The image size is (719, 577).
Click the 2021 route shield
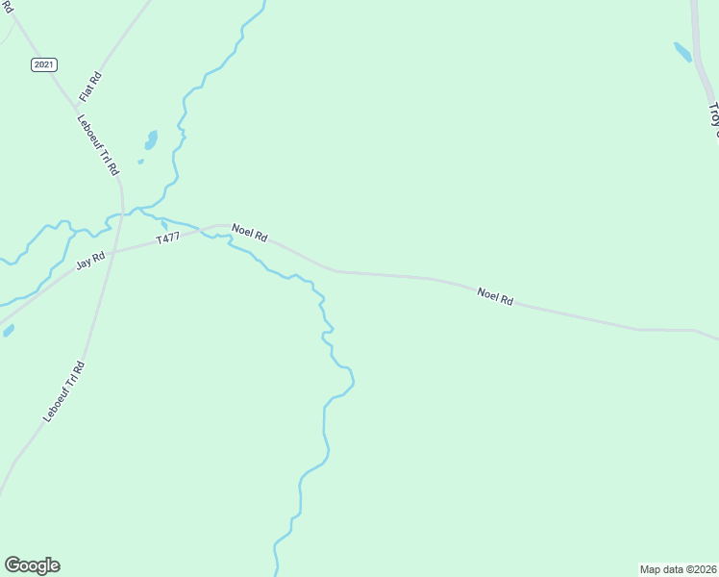click(x=44, y=64)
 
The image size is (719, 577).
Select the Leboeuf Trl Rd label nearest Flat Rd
click(x=101, y=145)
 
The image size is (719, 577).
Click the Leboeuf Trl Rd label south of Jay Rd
click(x=64, y=391)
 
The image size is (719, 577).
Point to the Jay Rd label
click(x=90, y=262)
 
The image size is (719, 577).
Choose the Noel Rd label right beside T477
click(x=249, y=235)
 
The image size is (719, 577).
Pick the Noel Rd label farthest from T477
click(x=495, y=295)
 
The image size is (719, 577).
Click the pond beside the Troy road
click(x=682, y=52)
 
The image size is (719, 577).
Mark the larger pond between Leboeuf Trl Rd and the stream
click(x=151, y=139)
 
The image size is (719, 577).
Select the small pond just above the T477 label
click(x=164, y=225)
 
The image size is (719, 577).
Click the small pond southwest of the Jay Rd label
click(x=9, y=331)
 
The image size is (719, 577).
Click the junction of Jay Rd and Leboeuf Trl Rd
click(x=112, y=253)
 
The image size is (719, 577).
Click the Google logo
click(x=32, y=565)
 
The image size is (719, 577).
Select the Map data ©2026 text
click(x=678, y=568)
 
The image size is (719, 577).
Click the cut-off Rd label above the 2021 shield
click(x=7, y=6)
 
